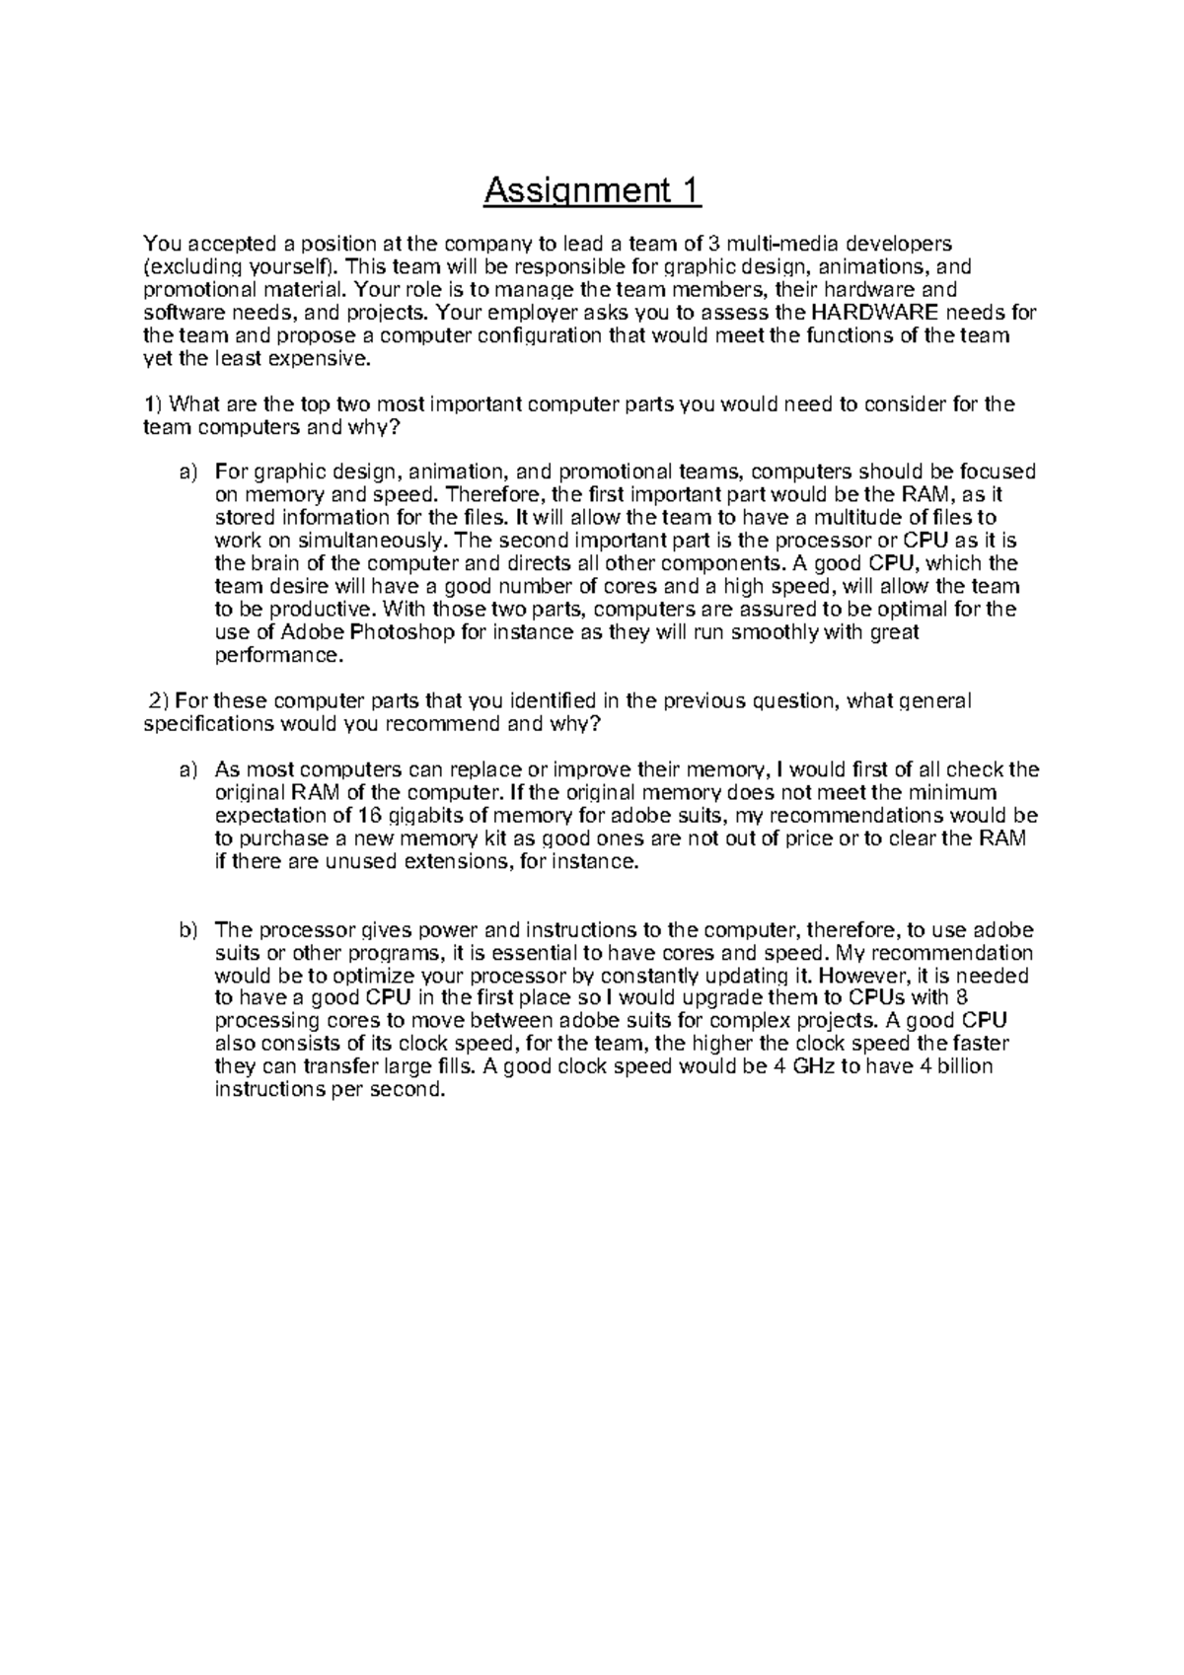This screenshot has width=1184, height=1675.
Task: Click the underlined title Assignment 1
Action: pos(592,190)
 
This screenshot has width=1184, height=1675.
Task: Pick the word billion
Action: pos(959,1066)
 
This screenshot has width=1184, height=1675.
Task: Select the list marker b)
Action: pos(188,930)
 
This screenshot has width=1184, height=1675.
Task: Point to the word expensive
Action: pos(326,359)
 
